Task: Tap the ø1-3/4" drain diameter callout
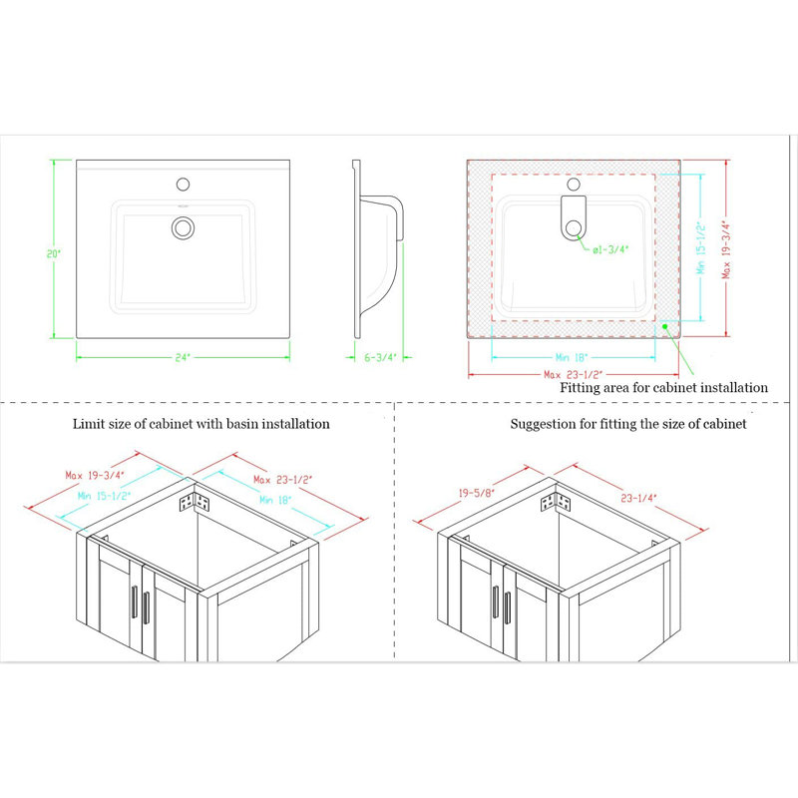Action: click(x=610, y=250)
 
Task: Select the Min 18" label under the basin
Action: click(x=573, y=355)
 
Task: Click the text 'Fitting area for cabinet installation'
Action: click(x=663, y=387)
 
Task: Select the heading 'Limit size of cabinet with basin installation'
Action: click(x=200, y=424)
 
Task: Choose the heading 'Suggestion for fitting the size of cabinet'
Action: click(x=628, y=424)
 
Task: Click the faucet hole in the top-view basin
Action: click(x=183, y=184)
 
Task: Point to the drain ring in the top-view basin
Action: click(x=183, y=227)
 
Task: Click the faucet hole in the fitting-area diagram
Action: click(x=574, y=184)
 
